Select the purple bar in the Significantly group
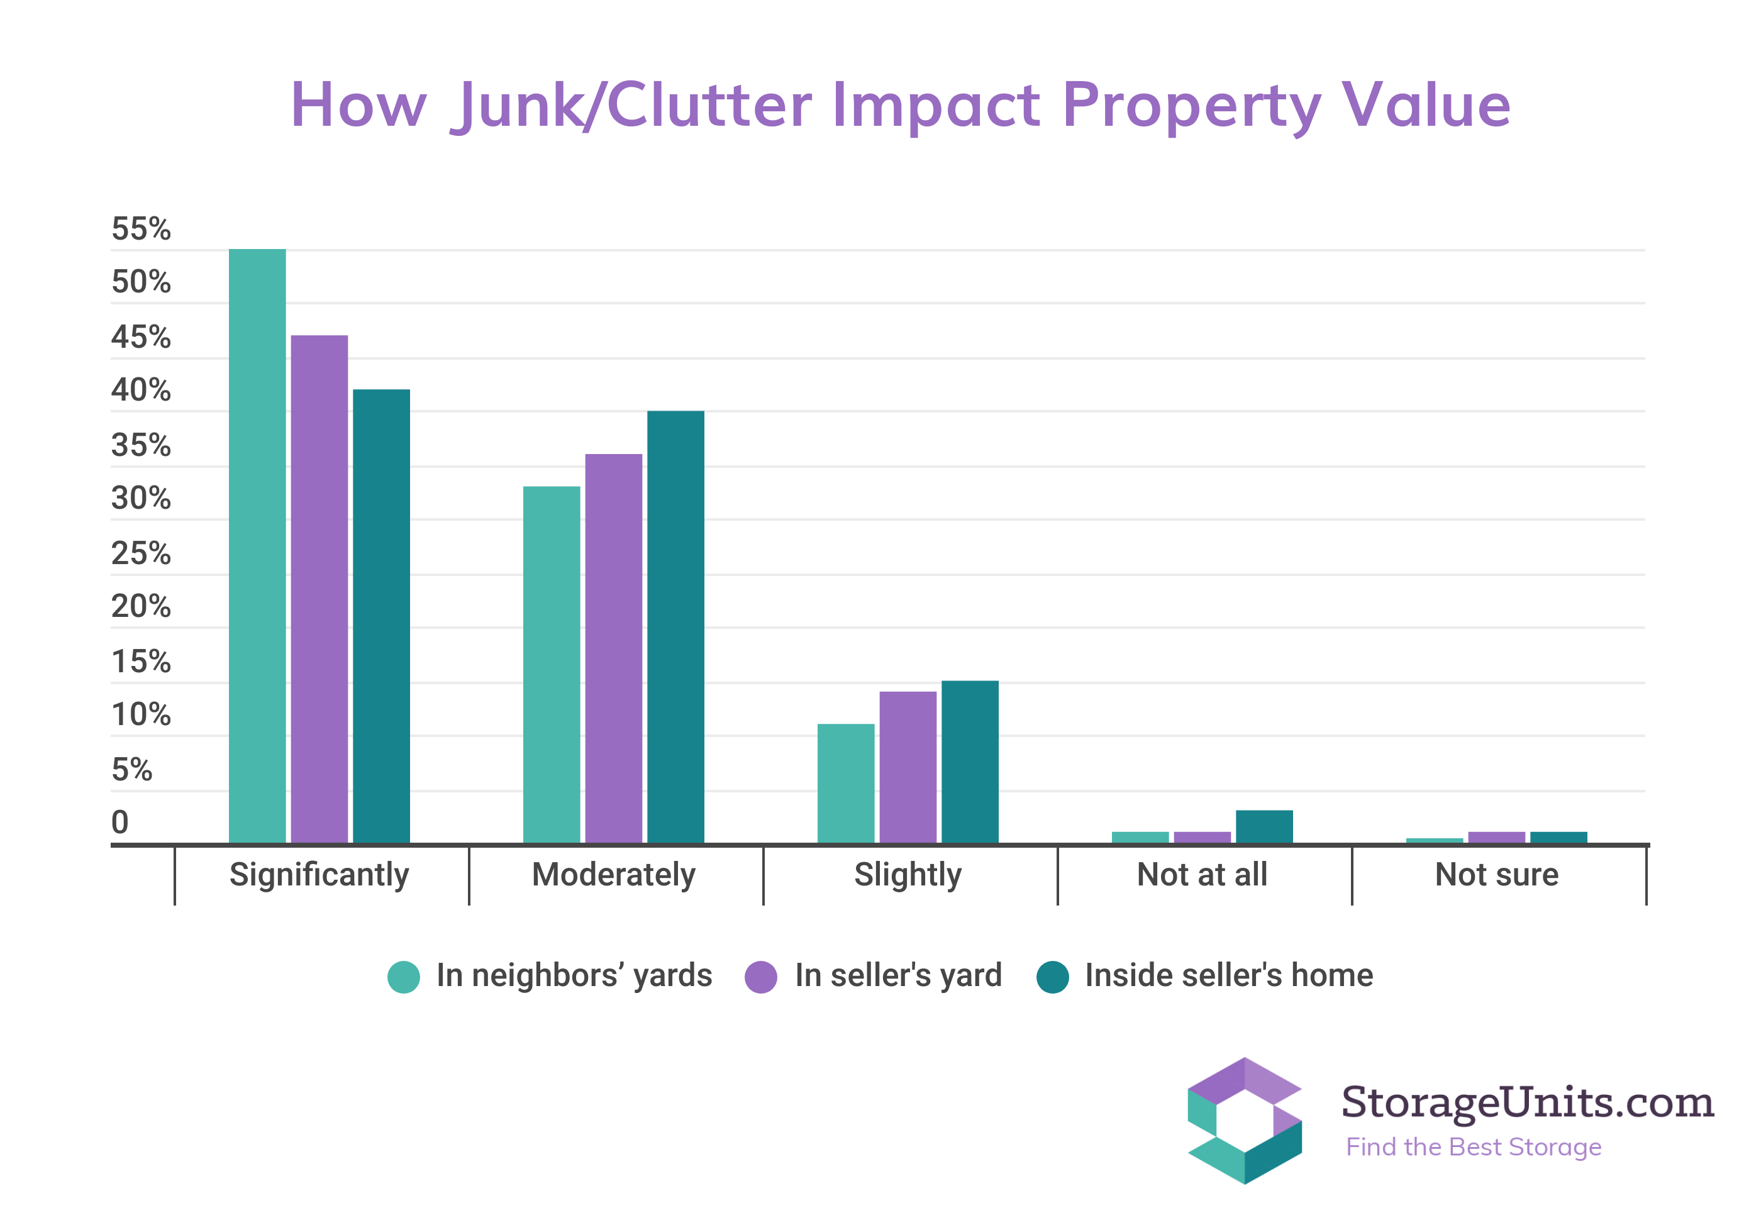[319, 589]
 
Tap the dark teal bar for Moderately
[675, 627]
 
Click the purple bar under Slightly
[908, 767]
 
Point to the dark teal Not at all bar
[1264, 826]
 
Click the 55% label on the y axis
[141, 228]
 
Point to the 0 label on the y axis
[120, 822]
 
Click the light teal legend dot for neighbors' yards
[404, 976]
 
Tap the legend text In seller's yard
[898, 975]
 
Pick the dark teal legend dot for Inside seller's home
[1052, 976]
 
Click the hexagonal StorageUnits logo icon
[1243, 1120]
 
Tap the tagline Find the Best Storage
[1473, 1146]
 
